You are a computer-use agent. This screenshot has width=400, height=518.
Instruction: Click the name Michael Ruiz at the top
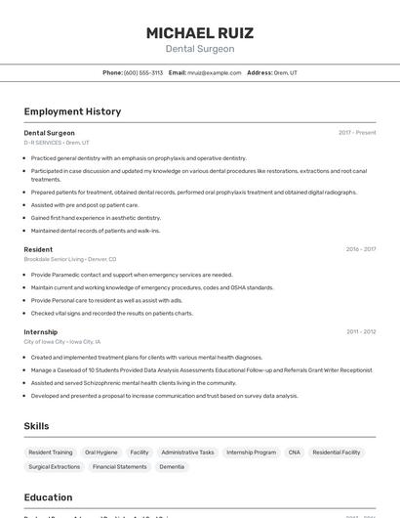[199, 32]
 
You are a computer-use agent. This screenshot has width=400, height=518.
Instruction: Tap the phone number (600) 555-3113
[143, 72]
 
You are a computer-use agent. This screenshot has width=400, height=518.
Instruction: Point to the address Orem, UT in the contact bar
[285, 72]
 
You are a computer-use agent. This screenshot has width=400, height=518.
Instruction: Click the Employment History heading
[72, 111]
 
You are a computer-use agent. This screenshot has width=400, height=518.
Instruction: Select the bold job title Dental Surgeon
[49, 133]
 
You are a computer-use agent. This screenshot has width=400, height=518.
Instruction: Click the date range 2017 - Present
[357, 133]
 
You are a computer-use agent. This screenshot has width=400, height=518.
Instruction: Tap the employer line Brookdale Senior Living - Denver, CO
[69, 259]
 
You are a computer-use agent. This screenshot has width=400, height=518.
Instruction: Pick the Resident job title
[38, 249]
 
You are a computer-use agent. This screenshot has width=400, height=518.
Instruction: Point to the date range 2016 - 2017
[361, 249]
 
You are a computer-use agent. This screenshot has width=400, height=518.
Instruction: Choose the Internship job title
[41, 331]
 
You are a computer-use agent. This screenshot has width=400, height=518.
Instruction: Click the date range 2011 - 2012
[361, 331]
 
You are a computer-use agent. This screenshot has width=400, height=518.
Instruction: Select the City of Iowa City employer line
[62, 341]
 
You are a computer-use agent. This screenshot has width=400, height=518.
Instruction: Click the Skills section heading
[36, 426]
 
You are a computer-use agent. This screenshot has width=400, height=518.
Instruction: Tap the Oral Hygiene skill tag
[101, 453]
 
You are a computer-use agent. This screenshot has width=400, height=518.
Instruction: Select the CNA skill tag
[295, 453]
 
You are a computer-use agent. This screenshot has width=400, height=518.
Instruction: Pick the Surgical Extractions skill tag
[54, 467]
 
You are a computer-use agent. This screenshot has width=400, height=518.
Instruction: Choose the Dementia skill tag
[172, 467]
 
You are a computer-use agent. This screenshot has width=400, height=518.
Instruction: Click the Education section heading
[48, 496]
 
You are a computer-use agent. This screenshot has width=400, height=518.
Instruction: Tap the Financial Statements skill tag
[120, 467]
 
